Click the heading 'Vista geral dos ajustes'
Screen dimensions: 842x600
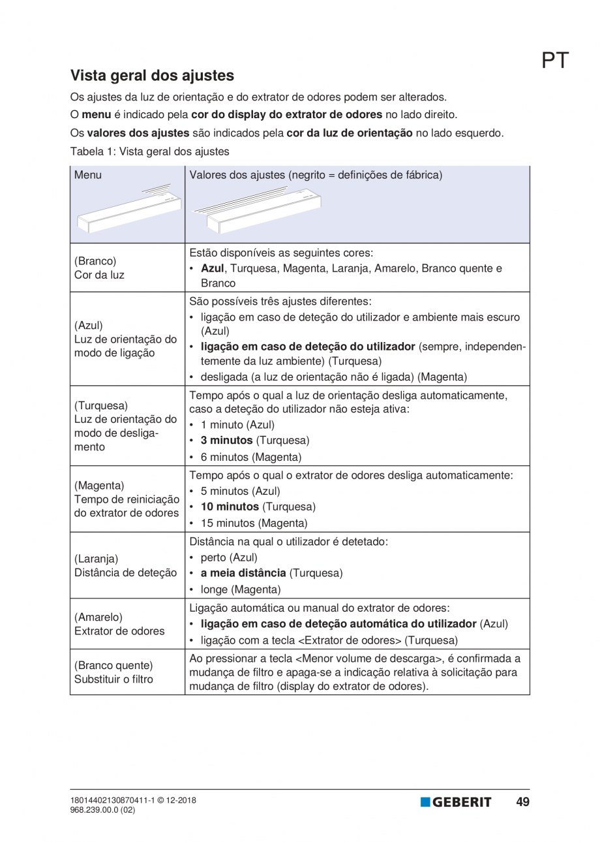[x=152, y=76]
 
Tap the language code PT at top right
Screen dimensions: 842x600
[x=555, y=61]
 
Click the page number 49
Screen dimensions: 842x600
[x=522, y=802]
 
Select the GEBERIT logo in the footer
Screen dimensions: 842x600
[x=456, y=802]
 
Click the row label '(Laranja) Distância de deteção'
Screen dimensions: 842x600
[x=125, y=565]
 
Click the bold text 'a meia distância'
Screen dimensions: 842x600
[x=243, y=573]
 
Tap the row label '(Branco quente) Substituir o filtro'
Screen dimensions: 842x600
[x=114, y=672]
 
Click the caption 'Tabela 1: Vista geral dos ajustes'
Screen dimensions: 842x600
[x=149, y=151]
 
